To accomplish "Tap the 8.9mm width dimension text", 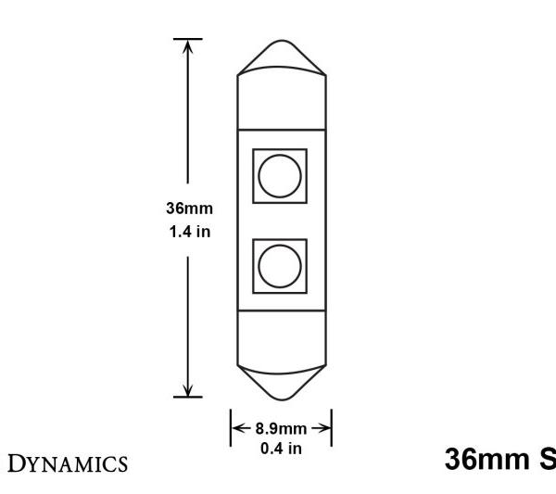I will tap(281, 430).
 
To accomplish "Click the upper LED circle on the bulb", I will tap(280, 173).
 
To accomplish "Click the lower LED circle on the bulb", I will tap(280, 266).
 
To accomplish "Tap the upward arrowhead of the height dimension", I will tap(188, 46).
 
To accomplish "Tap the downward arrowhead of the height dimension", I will tap(188, 390).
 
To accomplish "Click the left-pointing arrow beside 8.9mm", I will tap(237, 430).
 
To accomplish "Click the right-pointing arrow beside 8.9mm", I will tap(324, 430).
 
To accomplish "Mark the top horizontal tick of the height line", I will tap(188, 40).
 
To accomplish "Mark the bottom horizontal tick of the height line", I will tap(188, 398).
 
